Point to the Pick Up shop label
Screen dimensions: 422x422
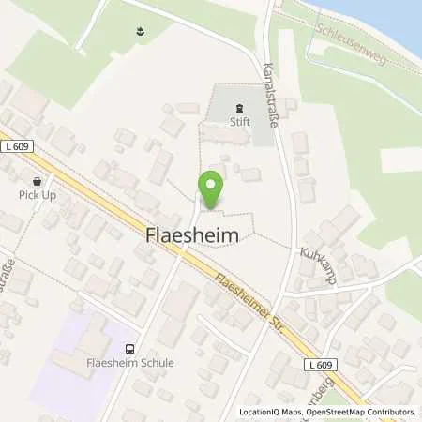click(x=37, y=195)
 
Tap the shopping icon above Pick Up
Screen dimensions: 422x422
click(x=37, y=181)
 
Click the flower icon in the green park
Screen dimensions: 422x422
click(x=140, y=34)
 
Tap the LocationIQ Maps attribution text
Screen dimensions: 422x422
click(x=271, y=412)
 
